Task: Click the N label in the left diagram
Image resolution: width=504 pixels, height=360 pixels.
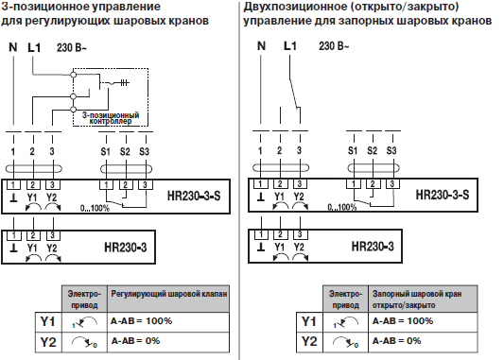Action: point(13,45)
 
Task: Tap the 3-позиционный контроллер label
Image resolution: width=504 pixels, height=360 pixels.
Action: point(113,118)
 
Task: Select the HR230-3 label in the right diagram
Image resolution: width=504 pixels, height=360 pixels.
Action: point(373,245)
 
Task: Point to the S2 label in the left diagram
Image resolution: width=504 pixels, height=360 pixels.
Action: point(125,150)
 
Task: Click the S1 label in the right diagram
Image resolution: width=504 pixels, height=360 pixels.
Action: point(352,150)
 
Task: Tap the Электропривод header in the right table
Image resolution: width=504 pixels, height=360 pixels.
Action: point(347,300)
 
